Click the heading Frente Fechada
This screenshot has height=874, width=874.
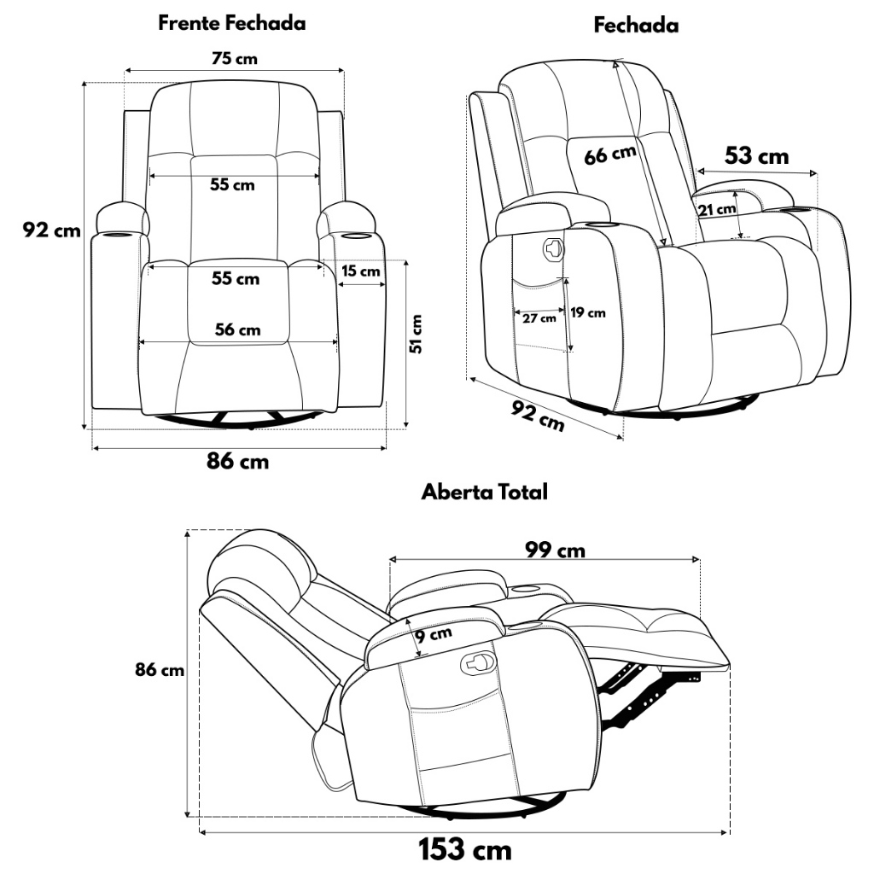(x=232, y=23)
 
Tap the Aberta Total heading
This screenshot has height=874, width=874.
(x=485, y=492)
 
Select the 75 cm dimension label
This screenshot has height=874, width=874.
(x=235, y=59)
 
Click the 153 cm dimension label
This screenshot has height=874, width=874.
(x=465, y=850)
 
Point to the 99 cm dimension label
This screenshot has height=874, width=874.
(x=555, y=551)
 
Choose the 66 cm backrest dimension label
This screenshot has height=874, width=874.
(x=610, y=155)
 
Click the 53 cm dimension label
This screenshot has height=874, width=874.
(x=756, y=155)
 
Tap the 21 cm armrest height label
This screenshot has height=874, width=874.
(x=717, y=210)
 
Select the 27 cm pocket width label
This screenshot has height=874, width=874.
(x=539, y=318)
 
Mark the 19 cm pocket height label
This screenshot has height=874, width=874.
(x=587, y=312)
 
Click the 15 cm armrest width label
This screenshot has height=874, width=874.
(x=361, y=271)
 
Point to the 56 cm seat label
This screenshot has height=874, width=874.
(x=237, y=329)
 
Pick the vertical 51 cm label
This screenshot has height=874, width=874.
(x=416, y=334)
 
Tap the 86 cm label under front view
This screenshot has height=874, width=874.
(x=237, y=462)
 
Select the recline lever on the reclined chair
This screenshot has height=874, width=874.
(x=478, y=661)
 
